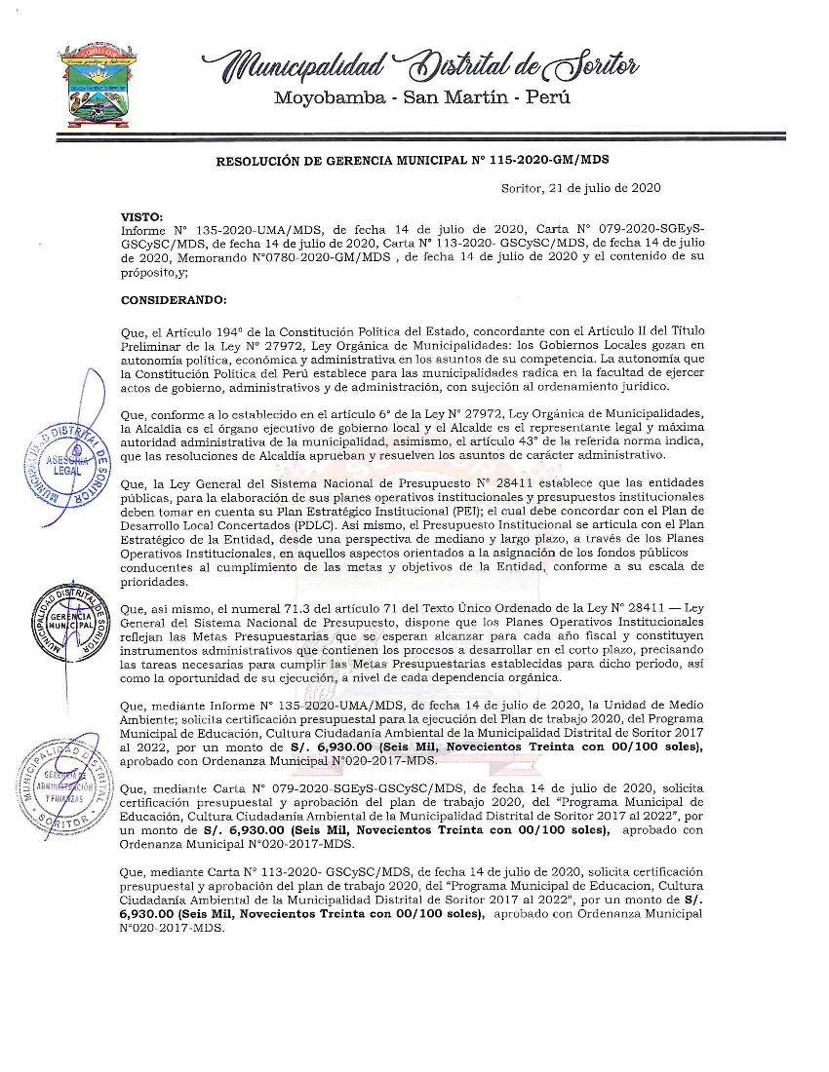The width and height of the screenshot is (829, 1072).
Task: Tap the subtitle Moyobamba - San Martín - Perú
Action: coord(421,97)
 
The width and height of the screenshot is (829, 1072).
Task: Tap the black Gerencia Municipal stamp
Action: coord(68,621)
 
